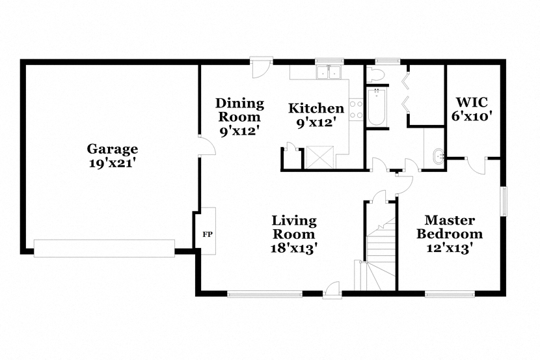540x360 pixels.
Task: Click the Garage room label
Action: click(113, 149)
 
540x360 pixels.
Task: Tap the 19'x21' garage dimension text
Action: click(111, 163)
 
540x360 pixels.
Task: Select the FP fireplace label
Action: click(208, 234)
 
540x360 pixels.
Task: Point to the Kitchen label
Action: click(316, 108)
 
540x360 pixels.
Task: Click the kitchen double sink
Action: click(329, 72)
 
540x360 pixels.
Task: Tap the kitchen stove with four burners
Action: click(356, 109)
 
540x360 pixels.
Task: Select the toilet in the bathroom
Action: click(373, 74)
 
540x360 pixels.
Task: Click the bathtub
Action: click(377, 107)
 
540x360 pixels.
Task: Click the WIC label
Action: click(472, 102)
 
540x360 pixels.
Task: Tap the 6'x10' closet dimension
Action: click(471, 116)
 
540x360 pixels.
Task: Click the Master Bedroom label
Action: click(450, 227)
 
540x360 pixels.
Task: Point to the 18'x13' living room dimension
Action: click(293, 248)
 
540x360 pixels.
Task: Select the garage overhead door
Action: click(104, 249)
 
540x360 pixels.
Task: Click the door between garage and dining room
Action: click(207, 146)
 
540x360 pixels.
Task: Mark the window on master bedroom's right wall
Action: click(504, 201)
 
